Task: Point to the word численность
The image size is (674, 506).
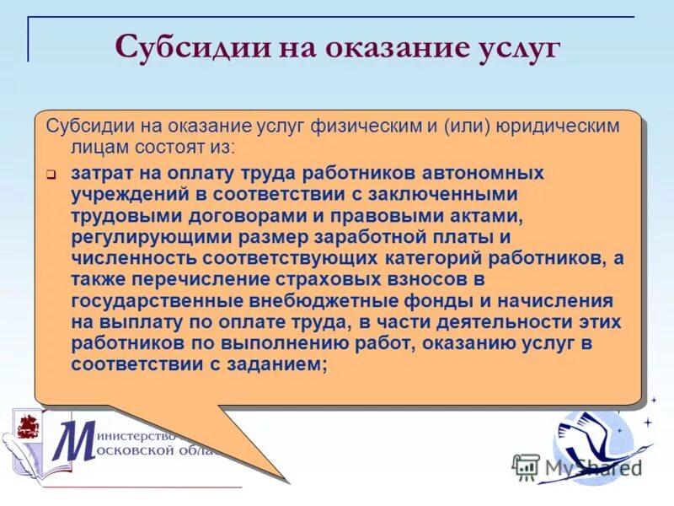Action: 127,257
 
